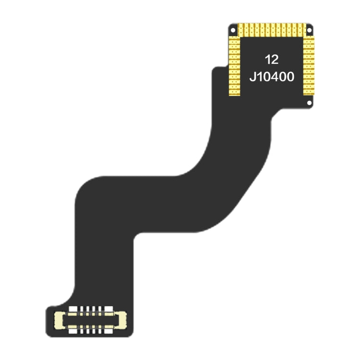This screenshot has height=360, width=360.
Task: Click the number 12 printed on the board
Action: pyautogui.click(x=272, y=60)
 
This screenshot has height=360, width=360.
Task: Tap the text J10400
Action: pyautogui.click(x=272, y=76)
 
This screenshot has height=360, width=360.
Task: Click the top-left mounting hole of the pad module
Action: pyautogui.click(x=233, y=30)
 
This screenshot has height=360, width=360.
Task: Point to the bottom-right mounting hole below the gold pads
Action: pyautogui.click(x=310, y=102)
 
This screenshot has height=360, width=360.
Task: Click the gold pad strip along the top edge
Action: pyautogui.click(x=272, y=30)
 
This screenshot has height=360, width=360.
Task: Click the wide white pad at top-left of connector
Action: pyautogui.click(x=73, y=310)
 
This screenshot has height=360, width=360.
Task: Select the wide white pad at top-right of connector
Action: pyautogui.click(x=108, y=310)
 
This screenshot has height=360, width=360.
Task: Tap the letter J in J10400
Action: pyautogui.click(x=252, y=76)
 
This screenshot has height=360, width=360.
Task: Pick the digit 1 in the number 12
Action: pyautogui.click(x=268, y=60)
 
